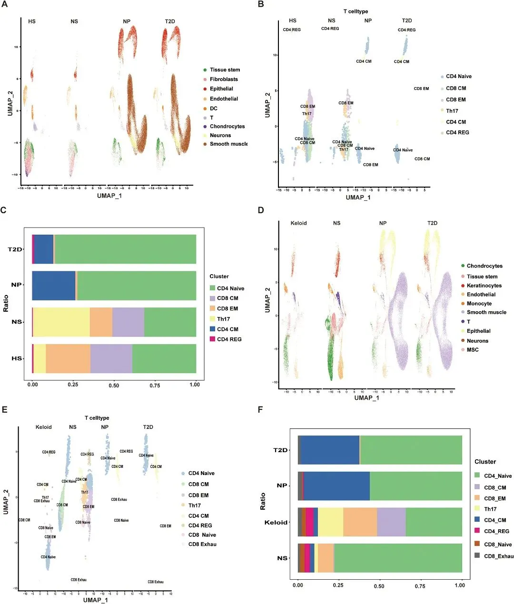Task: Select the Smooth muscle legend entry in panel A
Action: (228, 144)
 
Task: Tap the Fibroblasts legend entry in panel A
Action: (224, 79)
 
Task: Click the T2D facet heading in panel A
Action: (170, 21)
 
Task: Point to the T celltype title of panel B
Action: (356, 11)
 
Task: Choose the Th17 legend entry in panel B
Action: (452, 111)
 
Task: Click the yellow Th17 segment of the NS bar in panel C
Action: (61, 322)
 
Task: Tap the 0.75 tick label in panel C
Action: (155, 385)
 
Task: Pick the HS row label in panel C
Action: (17, 358)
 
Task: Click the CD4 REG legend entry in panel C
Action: (229, 339)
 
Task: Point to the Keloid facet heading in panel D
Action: (298, 223)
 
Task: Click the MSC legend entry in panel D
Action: (473, 350)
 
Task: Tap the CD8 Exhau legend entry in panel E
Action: (202, 545)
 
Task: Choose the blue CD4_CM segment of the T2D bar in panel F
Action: (330, 450)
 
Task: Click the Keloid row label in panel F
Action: (276, 523)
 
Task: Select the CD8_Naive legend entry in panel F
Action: (497, 545)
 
